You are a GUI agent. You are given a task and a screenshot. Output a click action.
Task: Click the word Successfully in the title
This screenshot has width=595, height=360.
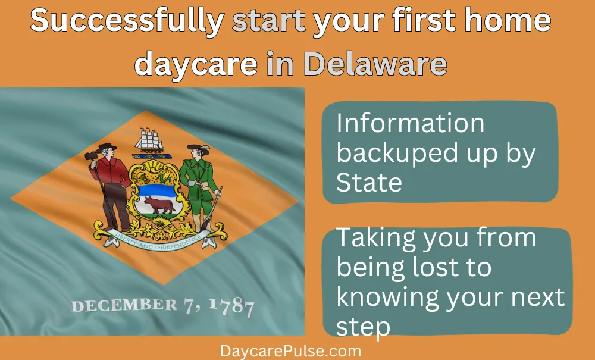pyautogui.click(x=127, y=21)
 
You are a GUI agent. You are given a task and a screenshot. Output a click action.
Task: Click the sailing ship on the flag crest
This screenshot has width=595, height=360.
pyautogui.click(x=149, y=140)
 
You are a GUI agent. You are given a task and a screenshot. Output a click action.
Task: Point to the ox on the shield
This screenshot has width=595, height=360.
pyautogui.click(x=159, y=205)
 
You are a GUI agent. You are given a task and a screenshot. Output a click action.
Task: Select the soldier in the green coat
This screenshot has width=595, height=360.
pyautogui.click(x=201, y=188)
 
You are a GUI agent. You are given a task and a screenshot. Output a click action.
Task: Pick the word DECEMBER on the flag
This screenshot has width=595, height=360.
pyautogui.click(x=124, y=305)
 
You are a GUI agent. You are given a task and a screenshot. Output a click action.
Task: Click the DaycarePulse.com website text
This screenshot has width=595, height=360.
pyautogui.click(x=291, y=351)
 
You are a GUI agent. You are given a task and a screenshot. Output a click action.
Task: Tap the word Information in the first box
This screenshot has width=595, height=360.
pyautogui.click(x=411, y=123)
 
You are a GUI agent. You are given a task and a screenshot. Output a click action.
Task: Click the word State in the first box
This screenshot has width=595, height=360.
pyautogui.click(x=369, y=183)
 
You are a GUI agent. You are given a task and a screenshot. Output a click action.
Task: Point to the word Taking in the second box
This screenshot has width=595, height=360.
pyautogui.click(x=376, y=239)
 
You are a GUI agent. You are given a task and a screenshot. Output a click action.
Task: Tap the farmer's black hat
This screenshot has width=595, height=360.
pyautogui.click(x=106, y=147)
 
